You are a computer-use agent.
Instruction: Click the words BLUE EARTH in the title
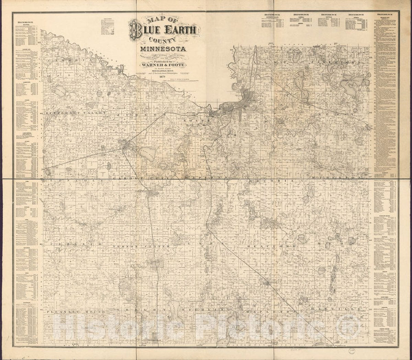[164, 32]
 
